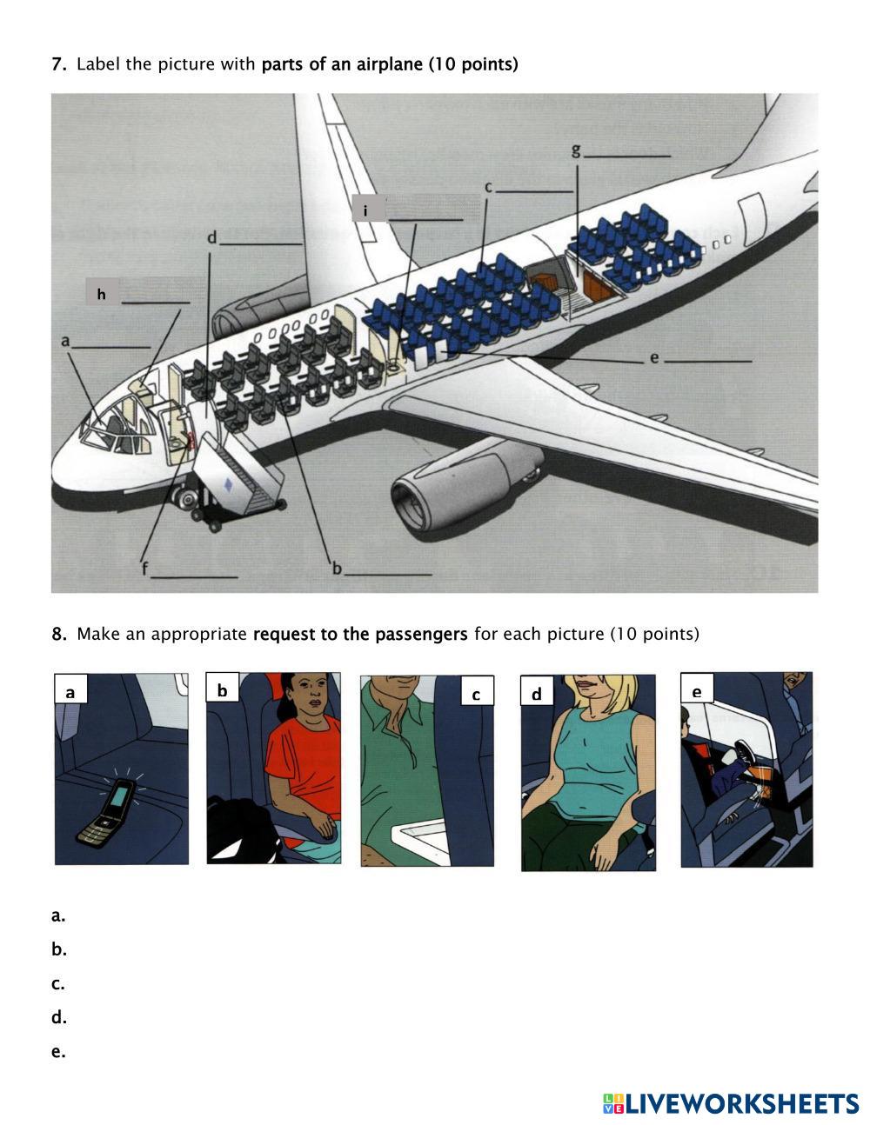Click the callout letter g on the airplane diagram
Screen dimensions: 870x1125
click(x=576, y=150)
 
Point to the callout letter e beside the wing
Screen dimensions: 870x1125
click(x=654, y=357)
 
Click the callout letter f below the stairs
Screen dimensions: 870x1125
click(x=145, y=569)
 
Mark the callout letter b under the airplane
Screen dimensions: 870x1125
click(x=338, y=568)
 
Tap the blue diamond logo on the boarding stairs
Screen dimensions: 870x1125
click(x=228, y=485)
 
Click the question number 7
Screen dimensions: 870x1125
click(x=58, y=64)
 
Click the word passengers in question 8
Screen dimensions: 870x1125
click(x=421, y=634)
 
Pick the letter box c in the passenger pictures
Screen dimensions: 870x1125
click(x=477, y=690)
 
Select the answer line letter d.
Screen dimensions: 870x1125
click(x=58, y=1017)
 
